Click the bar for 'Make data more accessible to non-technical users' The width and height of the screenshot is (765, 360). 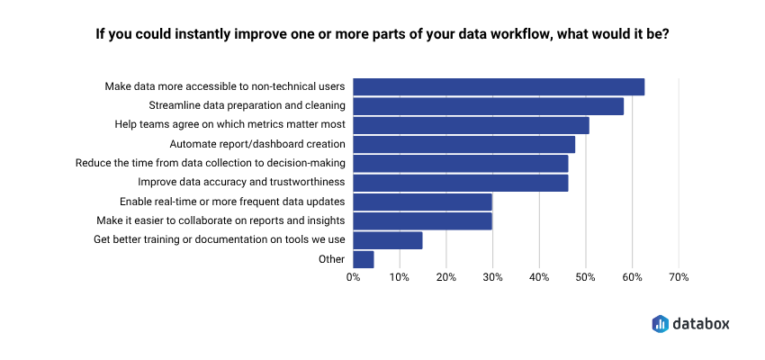click(x=499, y=86)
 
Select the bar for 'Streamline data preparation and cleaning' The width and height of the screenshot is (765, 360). click(x=488, y=106)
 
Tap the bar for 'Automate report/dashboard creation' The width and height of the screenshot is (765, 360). click(x=463, y=144)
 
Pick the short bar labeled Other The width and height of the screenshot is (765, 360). click(x=364, y=259)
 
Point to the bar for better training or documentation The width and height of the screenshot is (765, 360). click(x=388, y=240)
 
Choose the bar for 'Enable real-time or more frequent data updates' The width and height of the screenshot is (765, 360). click(x=422, y=202)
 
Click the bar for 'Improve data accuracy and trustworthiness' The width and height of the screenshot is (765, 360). click(x=461, y=183)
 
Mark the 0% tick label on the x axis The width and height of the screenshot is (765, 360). click(x=353, y=278)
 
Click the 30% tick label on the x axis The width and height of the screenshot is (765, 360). click(x=492, y=278)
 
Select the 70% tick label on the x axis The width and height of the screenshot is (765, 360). click(x=679, y=278)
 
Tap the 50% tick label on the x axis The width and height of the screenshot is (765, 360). click(x=586, y=278)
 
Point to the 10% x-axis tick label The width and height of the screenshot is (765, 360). click(x=400, y=278)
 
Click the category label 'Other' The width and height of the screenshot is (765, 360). click(x=332, y=259)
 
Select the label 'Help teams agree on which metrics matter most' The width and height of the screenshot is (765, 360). click(x=229, y=125)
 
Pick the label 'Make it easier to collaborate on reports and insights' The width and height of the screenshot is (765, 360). click(x=220, y=220)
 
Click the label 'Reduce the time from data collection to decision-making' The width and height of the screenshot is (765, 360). click(x=211, y=163)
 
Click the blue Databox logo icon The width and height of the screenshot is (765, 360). click(x=660, y=322)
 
